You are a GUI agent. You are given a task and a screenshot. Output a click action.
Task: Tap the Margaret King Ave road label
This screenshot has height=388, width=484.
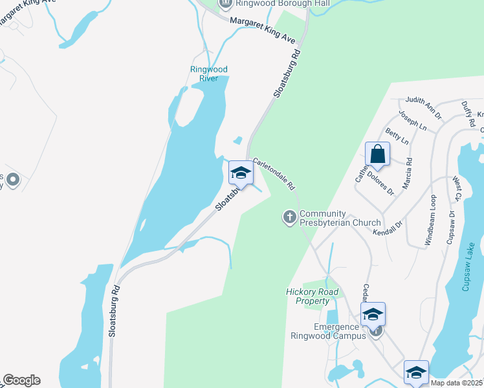coord(262,28)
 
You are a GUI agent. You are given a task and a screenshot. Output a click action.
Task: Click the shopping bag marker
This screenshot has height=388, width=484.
coord(377,155)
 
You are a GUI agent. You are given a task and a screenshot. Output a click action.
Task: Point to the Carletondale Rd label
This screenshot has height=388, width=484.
coord(274,174)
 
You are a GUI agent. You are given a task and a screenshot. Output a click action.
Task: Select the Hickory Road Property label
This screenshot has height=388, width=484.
coord(313,296)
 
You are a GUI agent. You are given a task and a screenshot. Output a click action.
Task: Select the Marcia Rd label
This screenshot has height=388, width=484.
coord(408,175)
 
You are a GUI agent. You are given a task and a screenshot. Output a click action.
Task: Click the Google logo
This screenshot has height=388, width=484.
coord(21,380)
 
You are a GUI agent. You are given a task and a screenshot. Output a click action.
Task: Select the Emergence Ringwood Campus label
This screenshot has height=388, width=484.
coord(340,331)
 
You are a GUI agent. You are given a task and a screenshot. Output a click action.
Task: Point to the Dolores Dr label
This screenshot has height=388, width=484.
coord(380,182)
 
